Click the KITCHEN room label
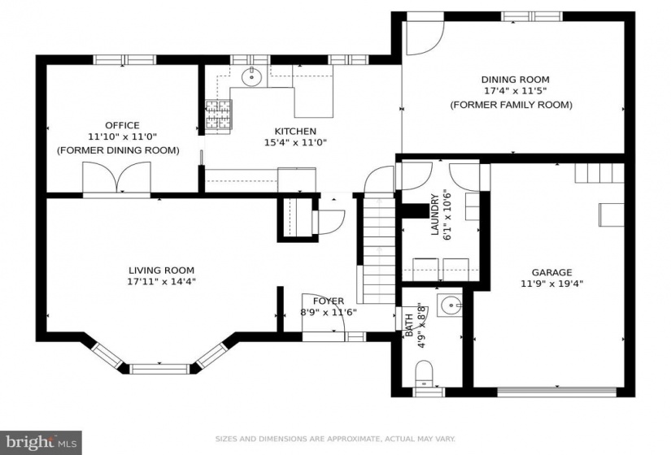[295, 131]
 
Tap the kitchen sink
[251, 77]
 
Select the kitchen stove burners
[219, 115]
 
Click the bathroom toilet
[425, 373]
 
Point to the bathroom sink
[449, 305]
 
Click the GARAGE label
[551, 272]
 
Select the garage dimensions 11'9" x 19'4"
[552, 283]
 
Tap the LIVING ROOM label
[161, 271]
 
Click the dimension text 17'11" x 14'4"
[161, 281]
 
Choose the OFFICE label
[122, 125]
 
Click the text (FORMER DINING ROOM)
[118, 150]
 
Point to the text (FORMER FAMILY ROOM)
[511, 105]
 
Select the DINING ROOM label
[515, 80]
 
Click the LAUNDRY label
[435, 214]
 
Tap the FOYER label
[329, 301]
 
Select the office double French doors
[116, 178]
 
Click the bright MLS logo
[41, 441]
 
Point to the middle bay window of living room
[159, 369]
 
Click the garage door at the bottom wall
[557, 392]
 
